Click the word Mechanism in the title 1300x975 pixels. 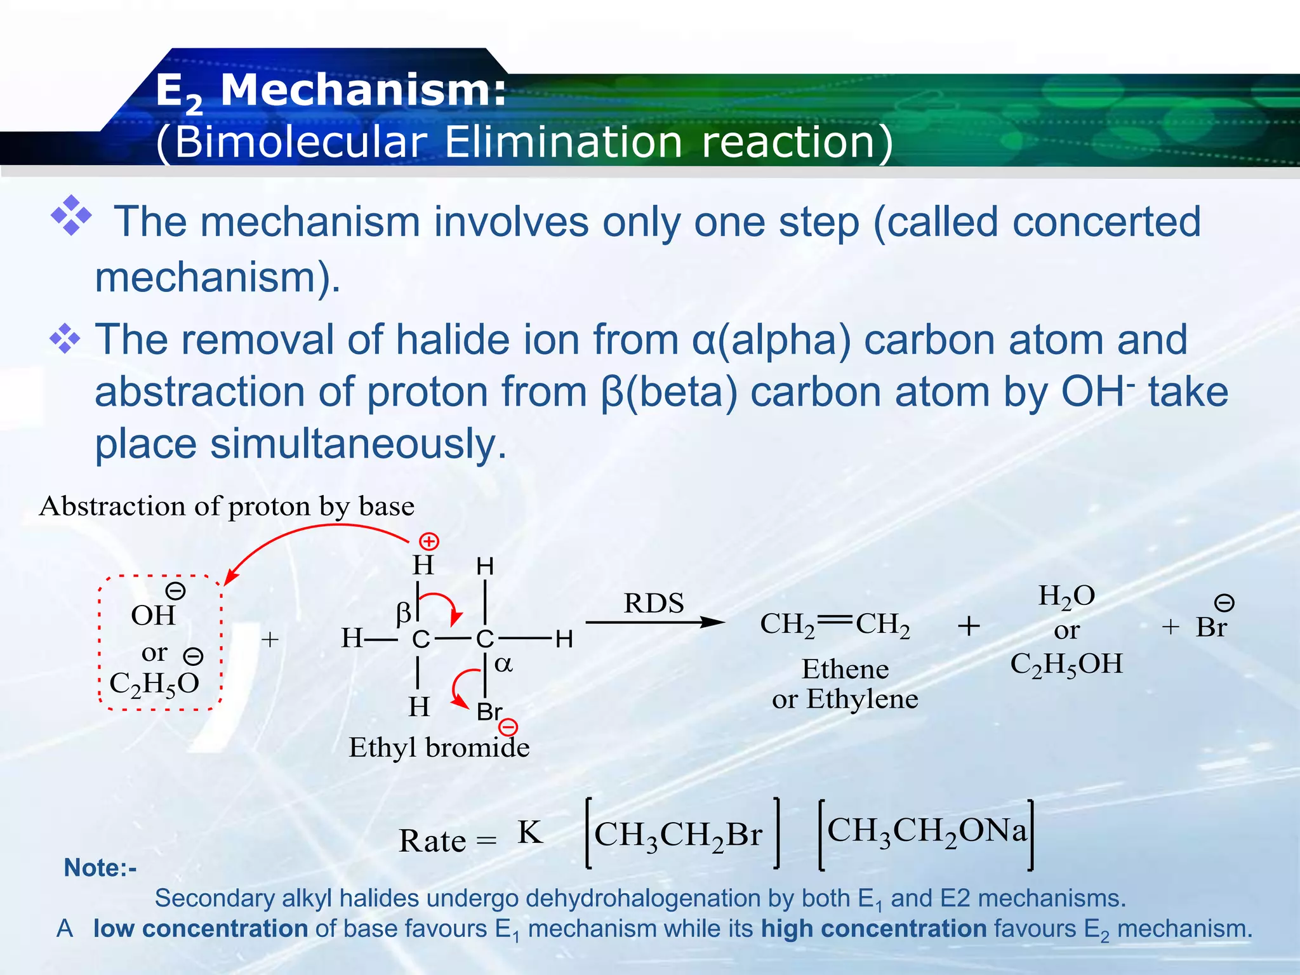coord(362,91)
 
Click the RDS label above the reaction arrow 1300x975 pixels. coord(654,603)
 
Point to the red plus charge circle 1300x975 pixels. coord(430,541)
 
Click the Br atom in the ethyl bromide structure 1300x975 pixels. coord(489,712)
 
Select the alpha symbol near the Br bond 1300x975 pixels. coord(503,664)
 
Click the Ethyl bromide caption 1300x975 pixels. coord(439,747)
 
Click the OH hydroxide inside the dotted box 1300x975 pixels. coord(153,615)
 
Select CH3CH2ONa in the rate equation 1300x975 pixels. coord(926,831)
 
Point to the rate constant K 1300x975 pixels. coord(530,832)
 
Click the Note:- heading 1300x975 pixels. coord(100,868)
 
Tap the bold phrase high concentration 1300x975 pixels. coord(873,929)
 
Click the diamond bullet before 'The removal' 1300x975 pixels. coord(65,338)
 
